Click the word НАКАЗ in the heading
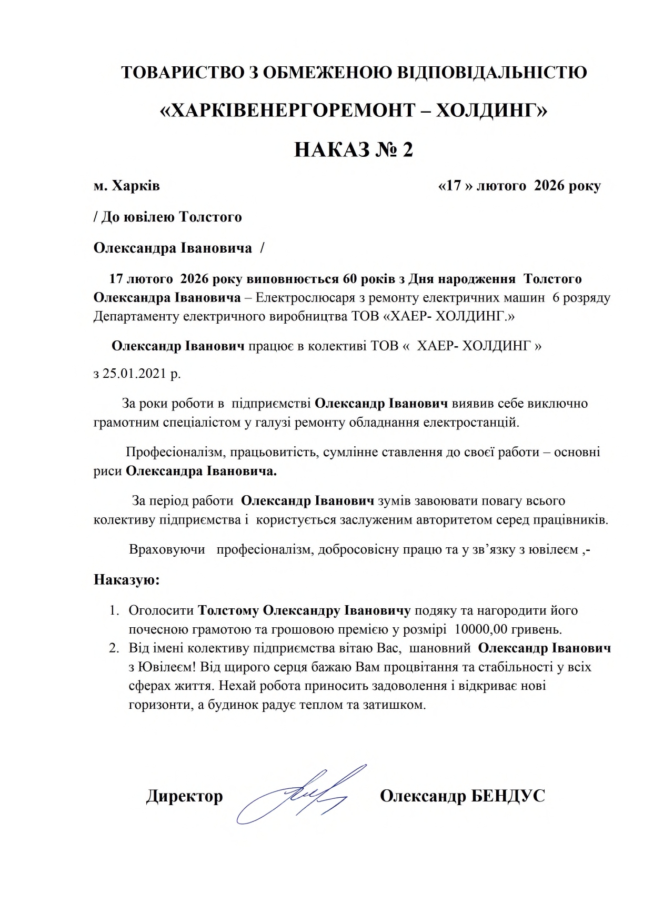tap(334, 150)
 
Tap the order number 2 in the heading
tap(407, 150)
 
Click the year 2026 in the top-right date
tap(549, 186)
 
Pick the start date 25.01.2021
tap(135, 374)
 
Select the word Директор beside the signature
tap(184, 796)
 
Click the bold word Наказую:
tap(126, 580)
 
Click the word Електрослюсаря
tap(308, 298)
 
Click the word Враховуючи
tap(167, 550)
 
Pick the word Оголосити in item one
tap(162, 610)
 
